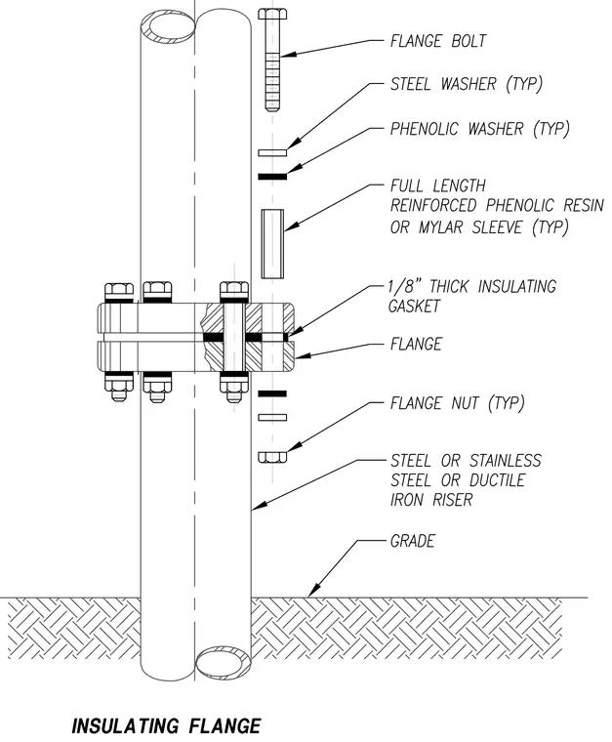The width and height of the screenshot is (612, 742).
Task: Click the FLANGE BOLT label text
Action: point(438,41)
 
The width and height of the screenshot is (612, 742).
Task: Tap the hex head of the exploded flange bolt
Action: point(272,14)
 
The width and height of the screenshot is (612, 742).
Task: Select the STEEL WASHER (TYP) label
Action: point(467,84)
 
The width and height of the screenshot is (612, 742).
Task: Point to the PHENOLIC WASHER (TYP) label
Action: point(479,129)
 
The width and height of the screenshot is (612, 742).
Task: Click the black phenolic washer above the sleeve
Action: point(272,177)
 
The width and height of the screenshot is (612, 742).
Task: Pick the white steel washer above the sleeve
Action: point(272,152)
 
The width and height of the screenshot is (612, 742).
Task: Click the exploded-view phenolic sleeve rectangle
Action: point(273,244)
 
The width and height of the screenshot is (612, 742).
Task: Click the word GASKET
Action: point(414,307)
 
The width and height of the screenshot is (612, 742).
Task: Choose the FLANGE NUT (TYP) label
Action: point(458,403)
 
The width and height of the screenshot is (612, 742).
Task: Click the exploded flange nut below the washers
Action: point(272,457)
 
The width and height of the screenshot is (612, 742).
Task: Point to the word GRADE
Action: point(413,541)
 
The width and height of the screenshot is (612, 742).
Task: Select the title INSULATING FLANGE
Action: point(167,726)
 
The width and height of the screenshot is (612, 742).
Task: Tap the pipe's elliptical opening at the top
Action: point(168,27)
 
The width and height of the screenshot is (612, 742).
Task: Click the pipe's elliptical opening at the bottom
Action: point(224,664)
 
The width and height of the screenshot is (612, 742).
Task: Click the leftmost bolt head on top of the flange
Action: point(119,292)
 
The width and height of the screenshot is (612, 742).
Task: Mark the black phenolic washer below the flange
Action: point(272,393)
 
